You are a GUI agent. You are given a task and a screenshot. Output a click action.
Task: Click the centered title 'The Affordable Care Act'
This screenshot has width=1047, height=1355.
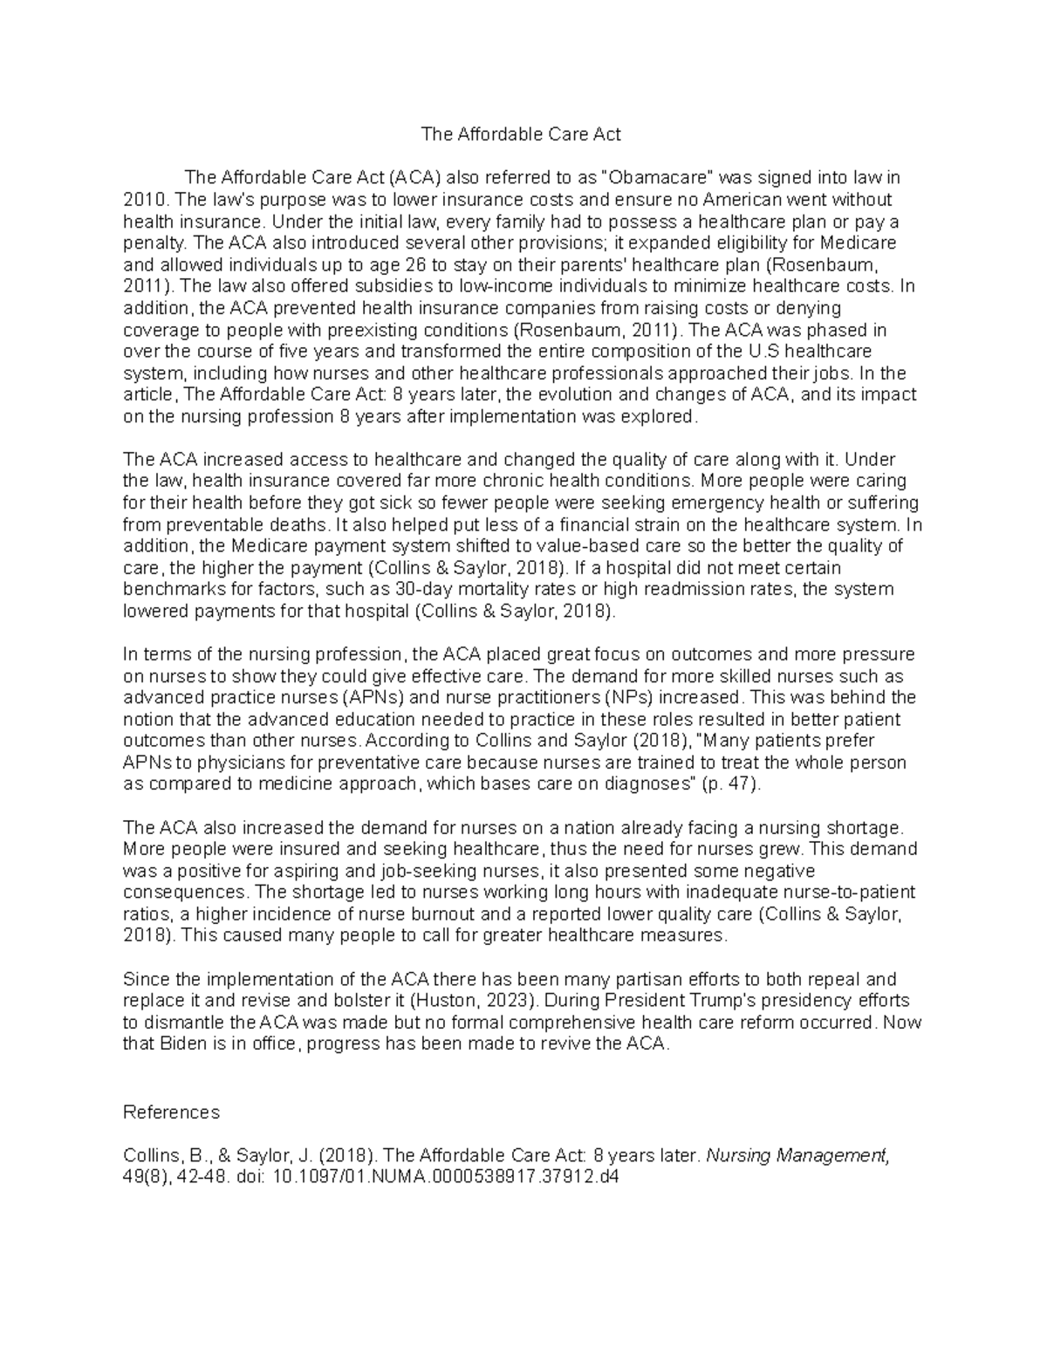(521, 134)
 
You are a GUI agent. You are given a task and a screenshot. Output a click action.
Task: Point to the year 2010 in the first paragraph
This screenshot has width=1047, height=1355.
(140, 200)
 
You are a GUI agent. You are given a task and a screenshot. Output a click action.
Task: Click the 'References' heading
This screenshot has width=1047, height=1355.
(172, 1112)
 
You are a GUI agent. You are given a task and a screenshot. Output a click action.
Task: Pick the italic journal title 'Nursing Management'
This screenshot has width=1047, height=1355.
(797, 1156)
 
